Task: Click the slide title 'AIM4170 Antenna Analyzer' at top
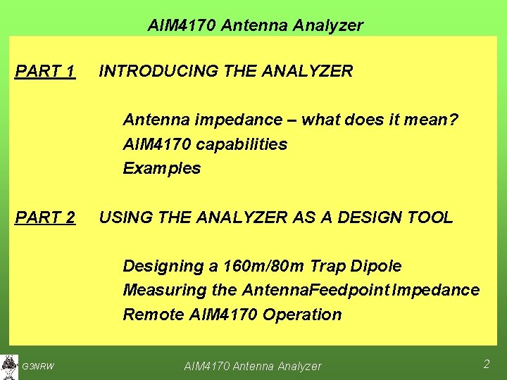[x=255, y=26]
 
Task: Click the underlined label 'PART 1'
[x=45, y=71]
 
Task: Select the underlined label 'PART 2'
[x=45, y=217]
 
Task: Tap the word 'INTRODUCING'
[x=159, y=71]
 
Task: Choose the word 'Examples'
[x=161, y=169]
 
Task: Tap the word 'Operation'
[x=301, y=315]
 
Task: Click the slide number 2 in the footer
[x=486, y=364]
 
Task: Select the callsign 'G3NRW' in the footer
[x=38, y=366]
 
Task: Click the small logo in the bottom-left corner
[x=9, y=365]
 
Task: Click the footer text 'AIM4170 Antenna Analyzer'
[x=252, y=366]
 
